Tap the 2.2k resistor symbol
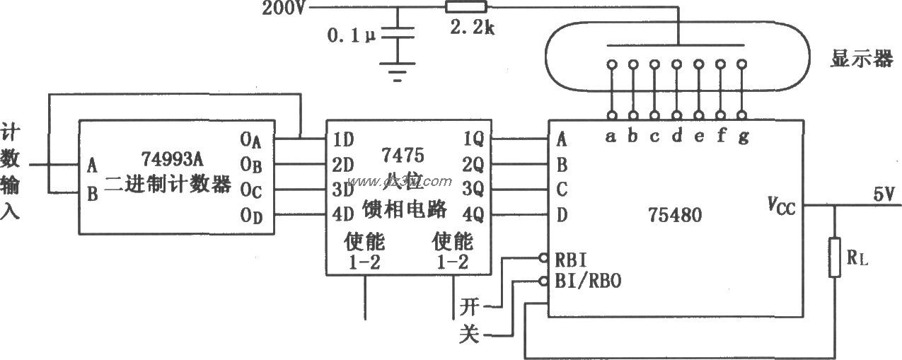(466, 7)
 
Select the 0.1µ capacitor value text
(352, 34)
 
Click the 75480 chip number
(675, 214)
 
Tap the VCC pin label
(782, 205)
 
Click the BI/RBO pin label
(589, 281)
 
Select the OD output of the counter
(251, 217)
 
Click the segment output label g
(743, 137)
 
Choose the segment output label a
(611, 137)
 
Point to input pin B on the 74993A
(92, 193)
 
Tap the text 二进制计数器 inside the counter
(168, 185)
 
